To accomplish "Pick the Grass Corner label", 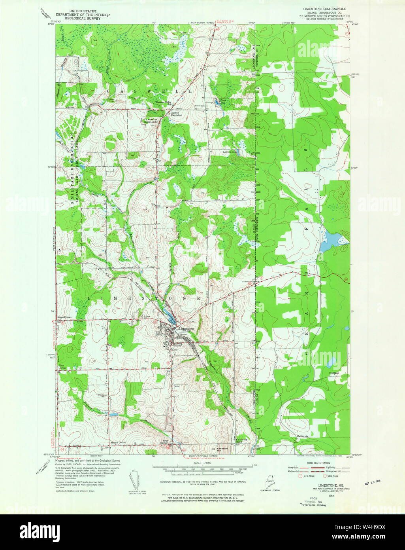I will (x=64, y=317).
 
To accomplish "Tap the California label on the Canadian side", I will (x=302, y=437).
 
